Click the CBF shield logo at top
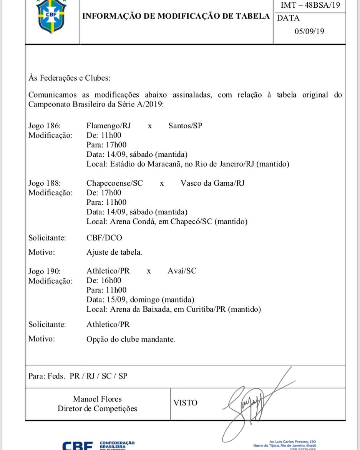coord(51,16)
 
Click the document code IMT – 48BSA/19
coord(309,5)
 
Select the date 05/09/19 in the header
coord(309,32)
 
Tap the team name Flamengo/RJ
coord(109,126)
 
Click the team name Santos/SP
coord(185,126)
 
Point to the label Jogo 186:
coord(45,126)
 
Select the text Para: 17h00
coord(106,145)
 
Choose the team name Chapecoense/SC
coord(114,183)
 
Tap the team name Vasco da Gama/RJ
coord(212,183)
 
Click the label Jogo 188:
coord(45,183)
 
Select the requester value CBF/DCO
coord(104,238)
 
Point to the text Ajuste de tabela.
coord(114,252)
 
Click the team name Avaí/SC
coord(182,271)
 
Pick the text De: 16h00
coord(104,281)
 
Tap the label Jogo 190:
coord(45,271)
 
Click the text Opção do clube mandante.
coord(131,339)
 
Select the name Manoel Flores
coord(97,399)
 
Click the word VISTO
coord(186,403)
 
